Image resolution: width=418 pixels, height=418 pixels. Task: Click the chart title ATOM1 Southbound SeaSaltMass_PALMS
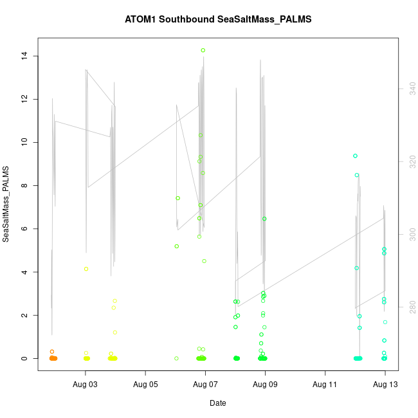pyautogui.click(x=218, y=19)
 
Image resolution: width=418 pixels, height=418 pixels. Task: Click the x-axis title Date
pyautogui.click(x=217, y=403)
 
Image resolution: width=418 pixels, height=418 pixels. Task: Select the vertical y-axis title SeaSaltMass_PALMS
pyautogui.click(x=6, y=204)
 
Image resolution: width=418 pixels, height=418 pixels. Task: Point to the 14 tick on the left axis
pyautogui.click(x=24, y=56)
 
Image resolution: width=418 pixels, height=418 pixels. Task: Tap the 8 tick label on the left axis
pyautogui.click(x=24, y=185)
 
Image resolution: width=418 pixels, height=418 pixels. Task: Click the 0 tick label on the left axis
pyautogui.click(x=24, y=358)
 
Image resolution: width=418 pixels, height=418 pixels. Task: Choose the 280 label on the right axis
pyautogui.click(x=406, y=308)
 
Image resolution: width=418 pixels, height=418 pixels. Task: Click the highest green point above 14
pyautogui.click(x=203, y=50)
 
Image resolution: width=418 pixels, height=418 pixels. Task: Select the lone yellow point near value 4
pyautogui.click(x=86, y=269)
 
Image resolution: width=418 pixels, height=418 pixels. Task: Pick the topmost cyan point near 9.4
pyautogui.click(x=355, y=156)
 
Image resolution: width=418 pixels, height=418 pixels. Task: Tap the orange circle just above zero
pyautogui.click(x=52, y=352)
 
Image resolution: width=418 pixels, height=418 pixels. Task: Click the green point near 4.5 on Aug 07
pyautogui.click(x=204, y=261)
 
